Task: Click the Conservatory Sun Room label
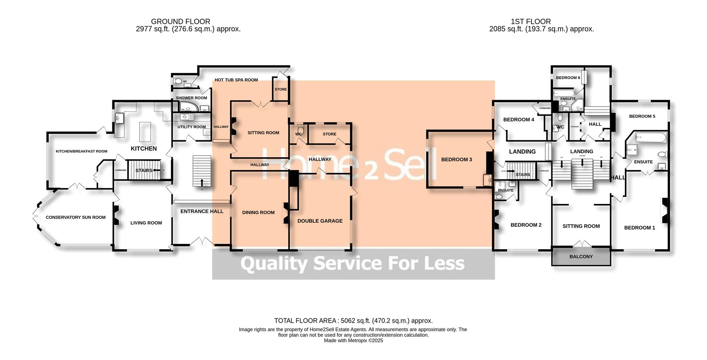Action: click(75, 218)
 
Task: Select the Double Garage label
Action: click(320, 221)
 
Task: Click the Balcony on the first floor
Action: click(581, 257)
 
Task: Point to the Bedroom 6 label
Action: click(568, 78)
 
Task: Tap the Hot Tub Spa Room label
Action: click(236, 80)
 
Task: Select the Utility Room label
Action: click(191, 127)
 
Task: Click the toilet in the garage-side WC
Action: click(300, 129)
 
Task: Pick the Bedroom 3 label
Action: click(456, 159)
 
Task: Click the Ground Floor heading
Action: click(180, 22)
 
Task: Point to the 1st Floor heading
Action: click(531, 22)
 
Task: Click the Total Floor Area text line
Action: click(353, 321)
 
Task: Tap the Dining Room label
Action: click(258, 212)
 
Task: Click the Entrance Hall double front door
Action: click(202, 241)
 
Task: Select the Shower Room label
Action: click(191, 98)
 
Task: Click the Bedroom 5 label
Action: click(642, 116)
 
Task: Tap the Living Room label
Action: click(146, 223)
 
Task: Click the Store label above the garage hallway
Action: click(329, 134)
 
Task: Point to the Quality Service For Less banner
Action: click(353, 264)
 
